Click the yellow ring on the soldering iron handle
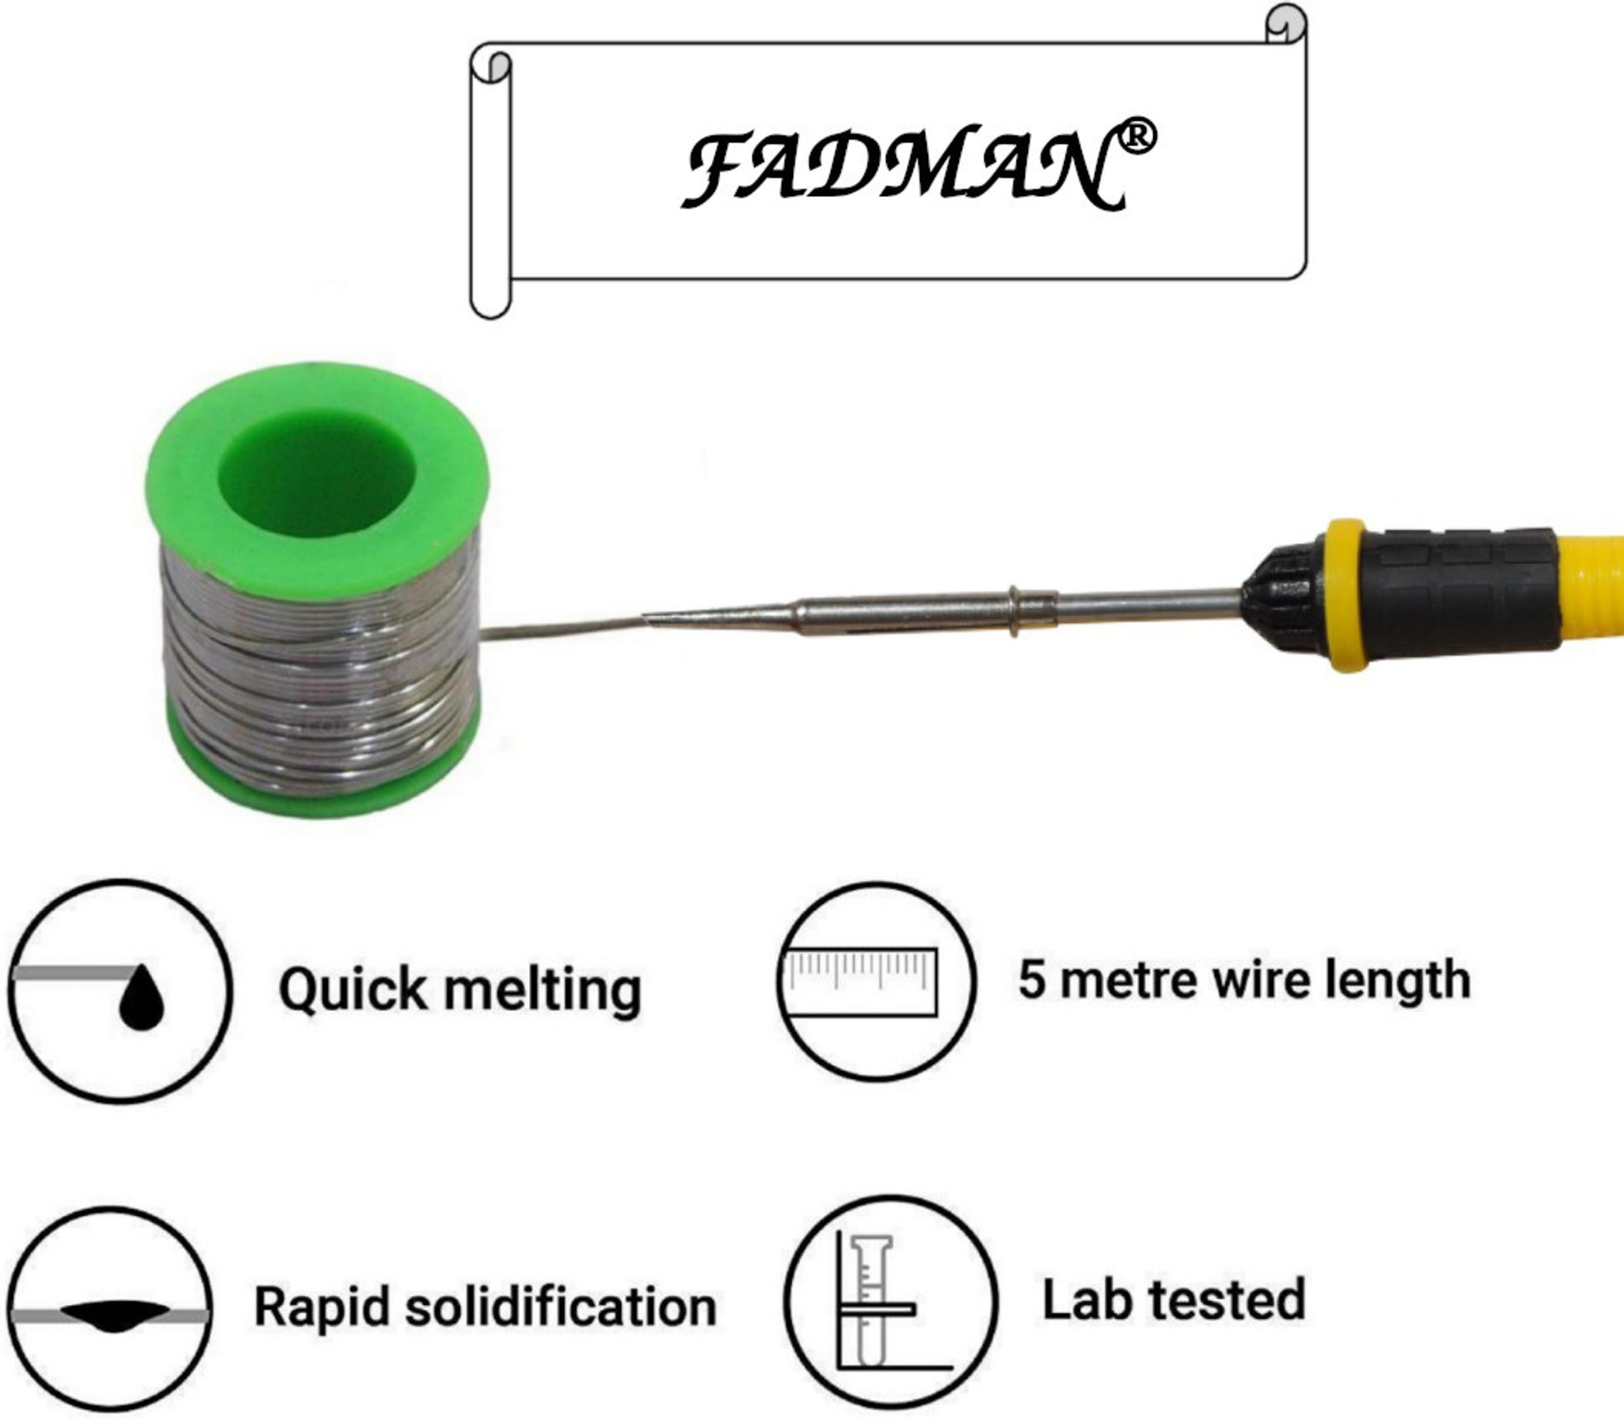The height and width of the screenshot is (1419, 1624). coord(1346,594)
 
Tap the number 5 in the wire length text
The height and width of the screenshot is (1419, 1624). coord(1031,979)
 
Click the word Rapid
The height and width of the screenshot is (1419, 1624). coord(321,1307)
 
